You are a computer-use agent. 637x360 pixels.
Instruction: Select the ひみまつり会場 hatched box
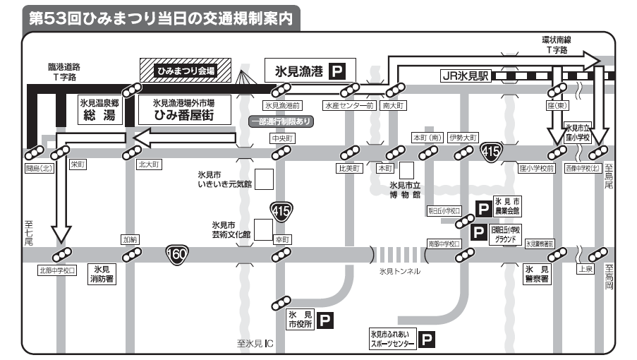click(x=186, y=71)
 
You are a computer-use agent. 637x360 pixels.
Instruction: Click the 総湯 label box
click(x=99, y=110)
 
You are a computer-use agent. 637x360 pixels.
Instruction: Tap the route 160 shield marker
click(x=176, y=252)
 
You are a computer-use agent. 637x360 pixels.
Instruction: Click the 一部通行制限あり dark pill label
click(x=281, y=121)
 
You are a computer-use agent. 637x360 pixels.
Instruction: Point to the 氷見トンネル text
click(x=399, y=271)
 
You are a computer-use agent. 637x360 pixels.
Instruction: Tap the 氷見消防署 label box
click(x=101, y=274)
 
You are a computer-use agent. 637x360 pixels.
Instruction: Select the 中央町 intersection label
click(x=282, y=138)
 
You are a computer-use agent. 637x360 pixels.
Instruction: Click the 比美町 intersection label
click(x=349, y=169)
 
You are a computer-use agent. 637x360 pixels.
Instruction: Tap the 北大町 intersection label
click(x=150, y=164)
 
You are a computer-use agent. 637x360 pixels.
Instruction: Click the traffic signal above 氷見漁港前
click(x=282, y=90)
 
